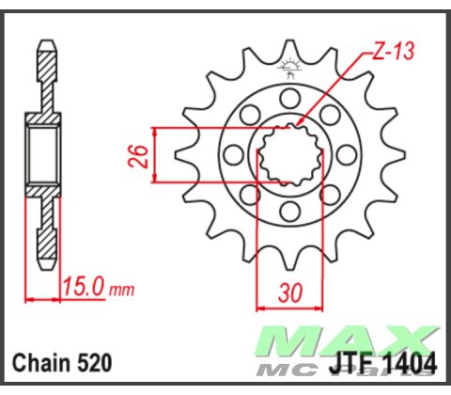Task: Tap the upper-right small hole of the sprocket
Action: point(329,115)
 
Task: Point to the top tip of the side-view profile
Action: point(45,43)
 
